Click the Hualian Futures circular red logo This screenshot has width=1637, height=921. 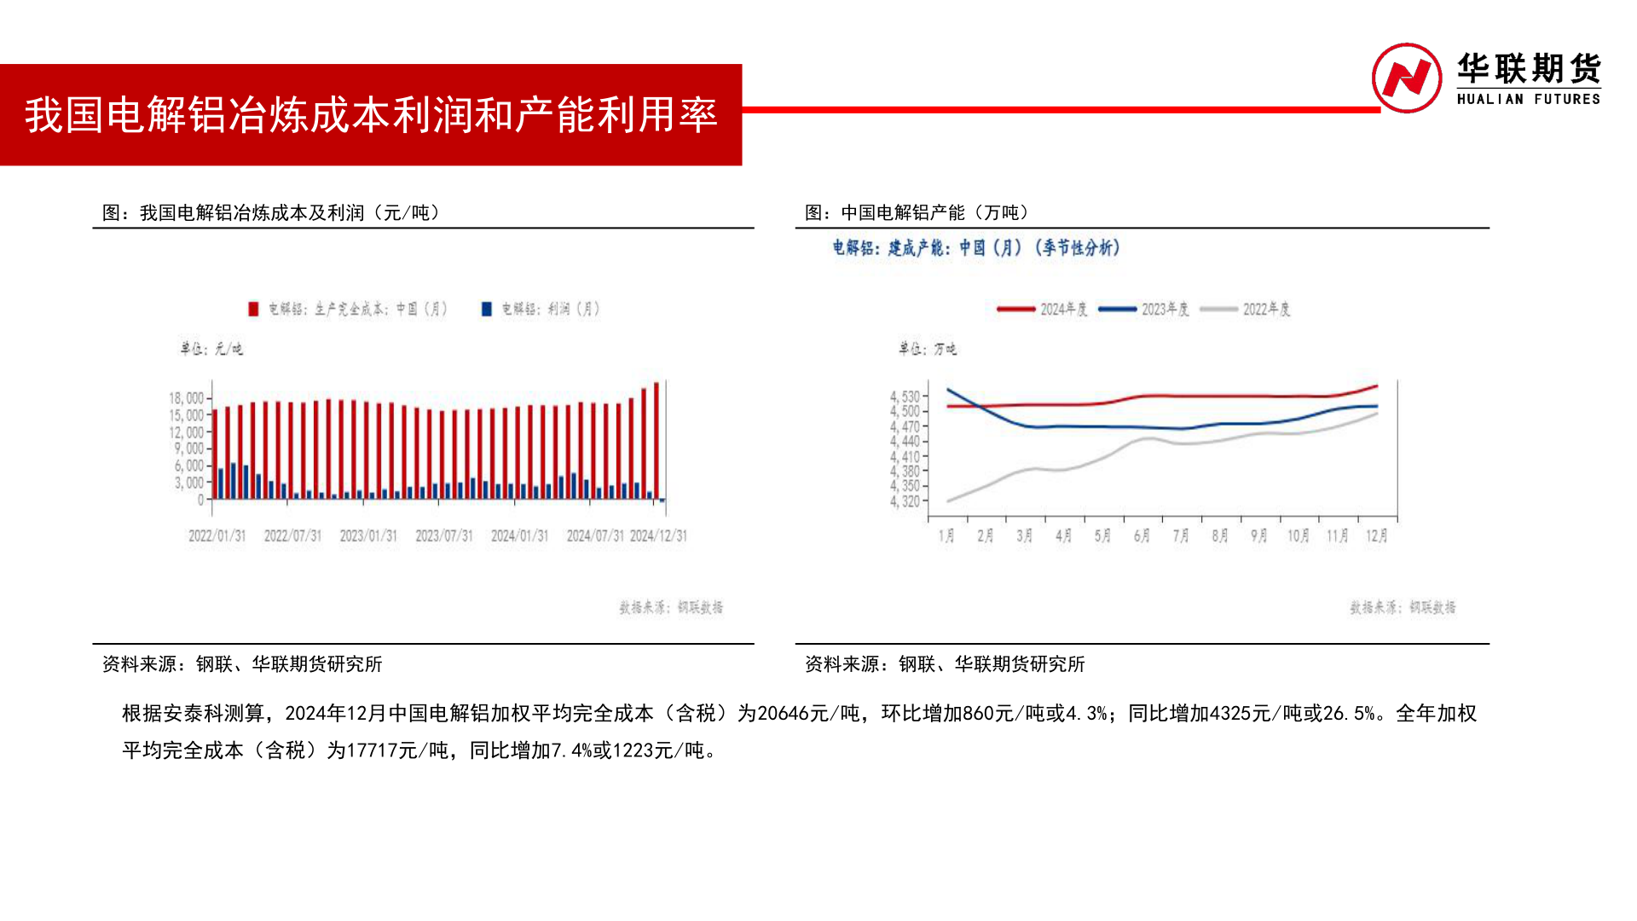coord(1406,78)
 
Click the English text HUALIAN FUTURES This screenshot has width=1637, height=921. coord(1528,99)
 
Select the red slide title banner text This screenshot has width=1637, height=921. coord(370,115)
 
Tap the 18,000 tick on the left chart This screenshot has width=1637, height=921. coord(187,398)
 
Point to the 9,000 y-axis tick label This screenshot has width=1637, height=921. coord(189,449)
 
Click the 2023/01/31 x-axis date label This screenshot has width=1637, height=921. coord(368,536)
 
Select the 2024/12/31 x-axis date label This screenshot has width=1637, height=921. coord(658,536)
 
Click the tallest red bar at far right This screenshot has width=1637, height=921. coord(657,439)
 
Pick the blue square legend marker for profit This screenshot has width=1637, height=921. coord(487,309)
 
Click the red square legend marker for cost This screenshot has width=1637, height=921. coord(253,309)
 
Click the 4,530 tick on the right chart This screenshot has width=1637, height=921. coord(905,397)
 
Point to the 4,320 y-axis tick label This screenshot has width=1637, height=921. coord(905,501)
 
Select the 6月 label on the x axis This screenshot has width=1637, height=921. coord(1142,536)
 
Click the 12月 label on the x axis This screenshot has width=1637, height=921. coord(1376,536)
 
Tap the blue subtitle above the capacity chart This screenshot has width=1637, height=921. coord(976,248)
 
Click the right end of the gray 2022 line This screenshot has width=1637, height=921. coord(1376,414)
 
